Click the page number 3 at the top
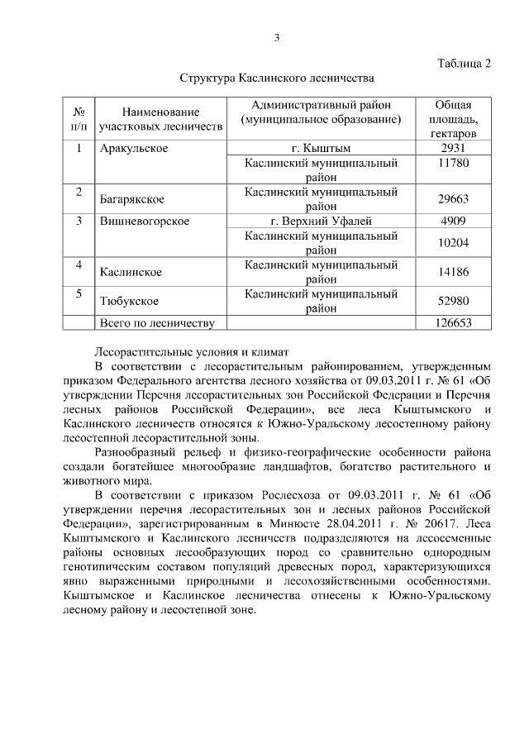click(x=278, y=37)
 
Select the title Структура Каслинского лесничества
click(x=278, y=79)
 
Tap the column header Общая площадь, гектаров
click(x=453, y=119)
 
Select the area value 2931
click(x=453, y=149)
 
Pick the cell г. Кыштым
click(x=322, y=149)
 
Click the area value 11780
click(x=453, y=164)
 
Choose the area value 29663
click(x=453, y=199)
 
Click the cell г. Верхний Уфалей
click(x=322, y=221)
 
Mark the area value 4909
click(x=453, y=221)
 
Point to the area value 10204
click(x=453, y=243)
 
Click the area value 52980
click(x=453, y=301)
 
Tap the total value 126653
click(x=453, y=323)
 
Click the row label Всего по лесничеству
click(x=156, y=323)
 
